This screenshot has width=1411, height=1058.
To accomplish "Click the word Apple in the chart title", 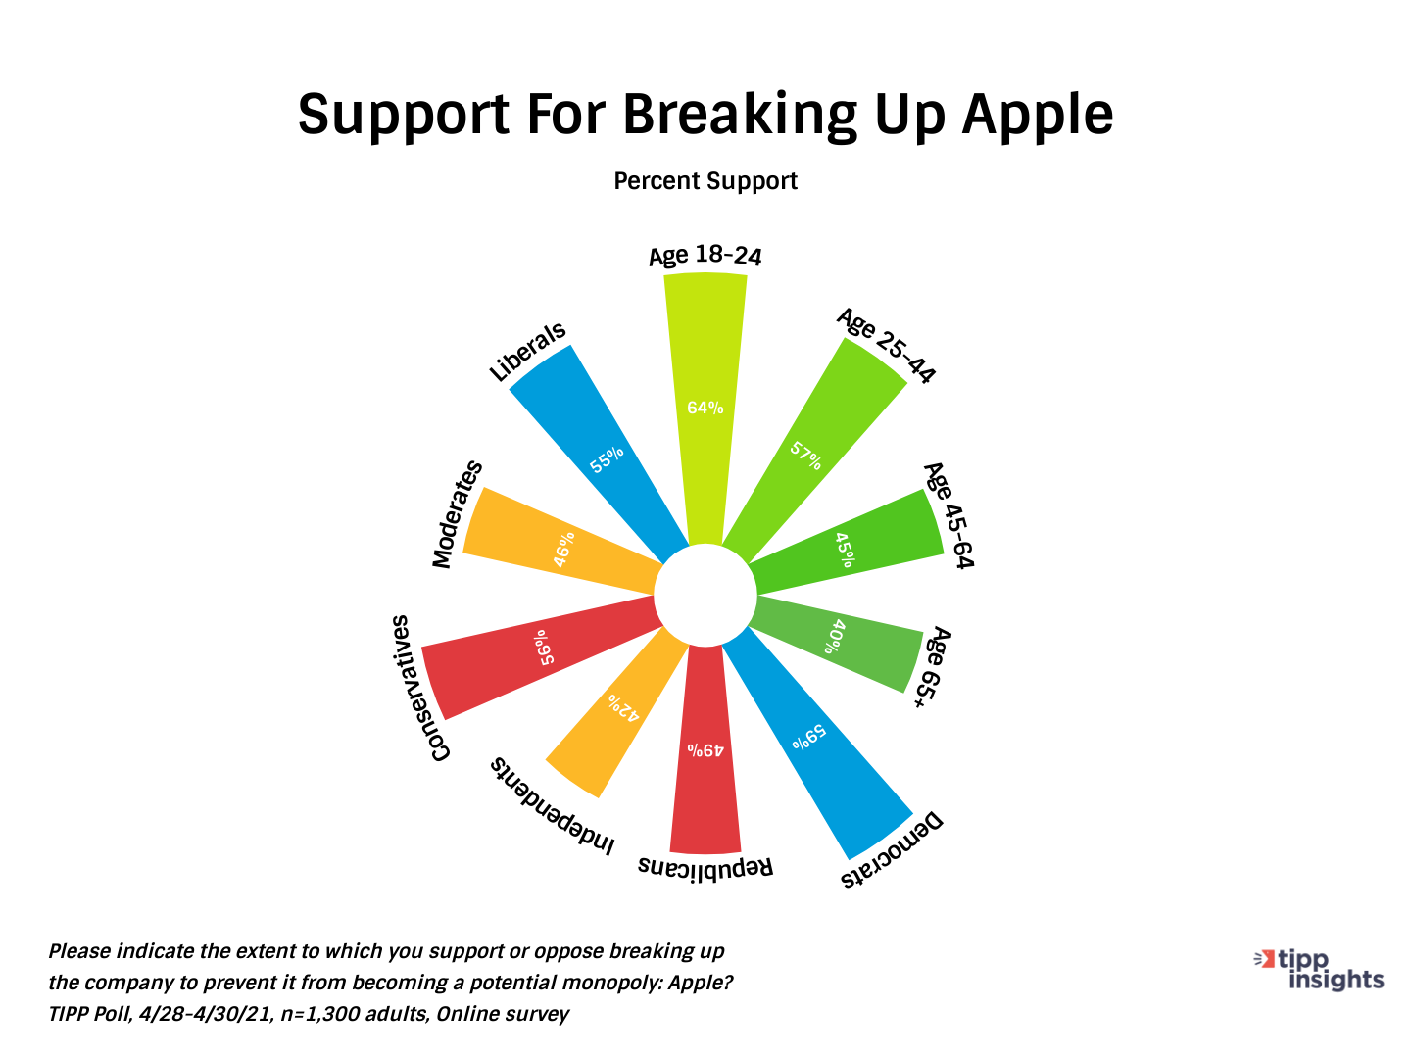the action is pyautogui.click(x=1037, y=117).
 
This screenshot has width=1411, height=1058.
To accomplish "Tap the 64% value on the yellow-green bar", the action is pyautogui.click(x=705, y=408).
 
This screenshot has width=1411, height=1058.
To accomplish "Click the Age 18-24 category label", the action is pyautogui.click(x=705, y=256).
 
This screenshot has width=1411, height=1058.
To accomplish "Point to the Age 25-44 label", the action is pyautogui.click(x=887, y=344).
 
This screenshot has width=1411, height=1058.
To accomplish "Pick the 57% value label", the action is pyautogui.click(x=805, y=456).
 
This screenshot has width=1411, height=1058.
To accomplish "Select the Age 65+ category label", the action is pyautogui.click(x=933, y=667).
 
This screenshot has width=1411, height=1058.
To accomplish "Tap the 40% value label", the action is pyautogui.click(x=835, y=636).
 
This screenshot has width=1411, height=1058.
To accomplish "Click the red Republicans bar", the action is pyautogui.click(x=705, y=748).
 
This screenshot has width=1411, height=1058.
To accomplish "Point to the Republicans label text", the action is pyautogui.click(x=705, y=868).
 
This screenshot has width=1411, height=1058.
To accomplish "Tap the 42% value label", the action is pyautogui.click(x=623, y=707).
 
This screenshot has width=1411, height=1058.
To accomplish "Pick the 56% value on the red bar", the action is pyautogui.click(x=544, y=647).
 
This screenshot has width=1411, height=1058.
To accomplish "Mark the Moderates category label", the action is pyautogui.click(x=457, y=514).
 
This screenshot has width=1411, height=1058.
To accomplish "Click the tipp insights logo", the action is pyautogui.click(x=1319, y=970).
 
